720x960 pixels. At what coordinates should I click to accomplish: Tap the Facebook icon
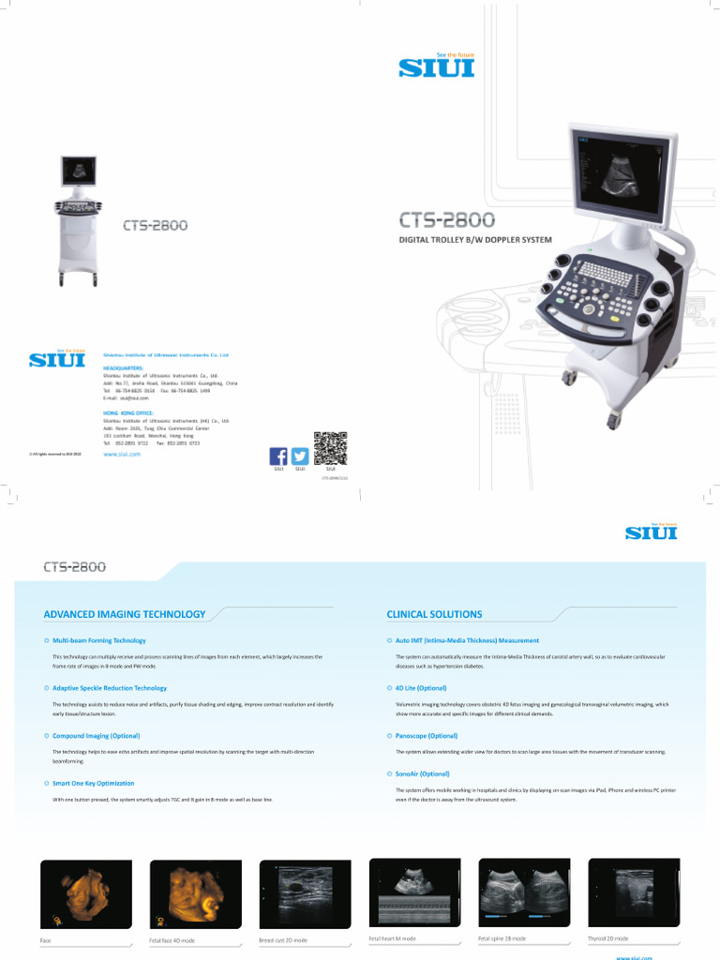tap(278, 456)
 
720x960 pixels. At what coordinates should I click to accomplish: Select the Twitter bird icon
tap(300, 456)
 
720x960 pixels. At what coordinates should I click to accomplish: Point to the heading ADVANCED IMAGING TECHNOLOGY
tap(125, 614)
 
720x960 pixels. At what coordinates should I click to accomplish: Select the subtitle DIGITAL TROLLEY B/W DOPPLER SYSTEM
tap(475, 240)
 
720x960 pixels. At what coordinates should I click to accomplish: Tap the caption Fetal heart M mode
tap(394, 938)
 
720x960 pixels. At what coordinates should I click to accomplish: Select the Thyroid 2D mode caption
tap(608, 938)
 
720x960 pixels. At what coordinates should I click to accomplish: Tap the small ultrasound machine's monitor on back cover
tap(79, 172)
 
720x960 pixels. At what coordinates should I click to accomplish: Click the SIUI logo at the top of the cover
tap(437, 67)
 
